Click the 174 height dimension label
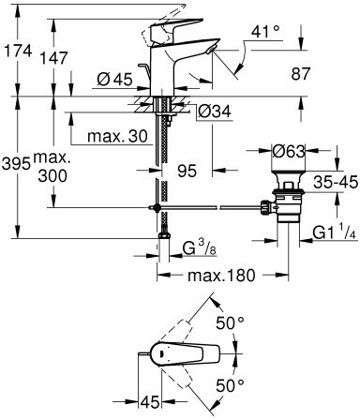[18, 51]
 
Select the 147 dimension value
[53, 58]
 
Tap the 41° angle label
[265, 32]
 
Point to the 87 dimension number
[300, 74]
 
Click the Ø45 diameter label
[114, 80]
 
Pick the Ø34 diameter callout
[215, 111]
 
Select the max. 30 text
[117, 136]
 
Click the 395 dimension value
[16, 163]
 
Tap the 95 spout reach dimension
[187, 171]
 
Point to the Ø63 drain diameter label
[288, 151]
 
